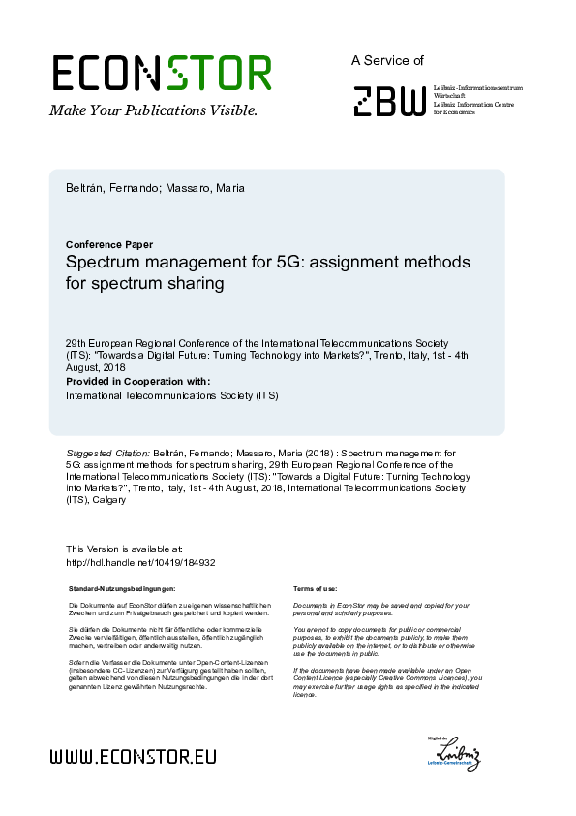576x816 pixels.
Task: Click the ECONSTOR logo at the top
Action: click(162, 73)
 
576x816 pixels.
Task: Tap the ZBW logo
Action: click(388, 101)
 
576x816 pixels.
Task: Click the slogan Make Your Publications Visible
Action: click(153, 110)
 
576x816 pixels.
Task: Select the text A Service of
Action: click(387, 60)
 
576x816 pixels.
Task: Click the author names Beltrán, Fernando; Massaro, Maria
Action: click(155, 188)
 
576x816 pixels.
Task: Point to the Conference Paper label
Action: click(109, 244)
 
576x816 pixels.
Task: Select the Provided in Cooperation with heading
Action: click(137, 381)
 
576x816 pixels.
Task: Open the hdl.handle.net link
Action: click(140, 562)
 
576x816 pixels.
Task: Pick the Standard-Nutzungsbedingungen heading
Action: click(122, 588)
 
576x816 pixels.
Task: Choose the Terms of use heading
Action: click(315, 588)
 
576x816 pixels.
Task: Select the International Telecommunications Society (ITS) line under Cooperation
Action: click(171, 395)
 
